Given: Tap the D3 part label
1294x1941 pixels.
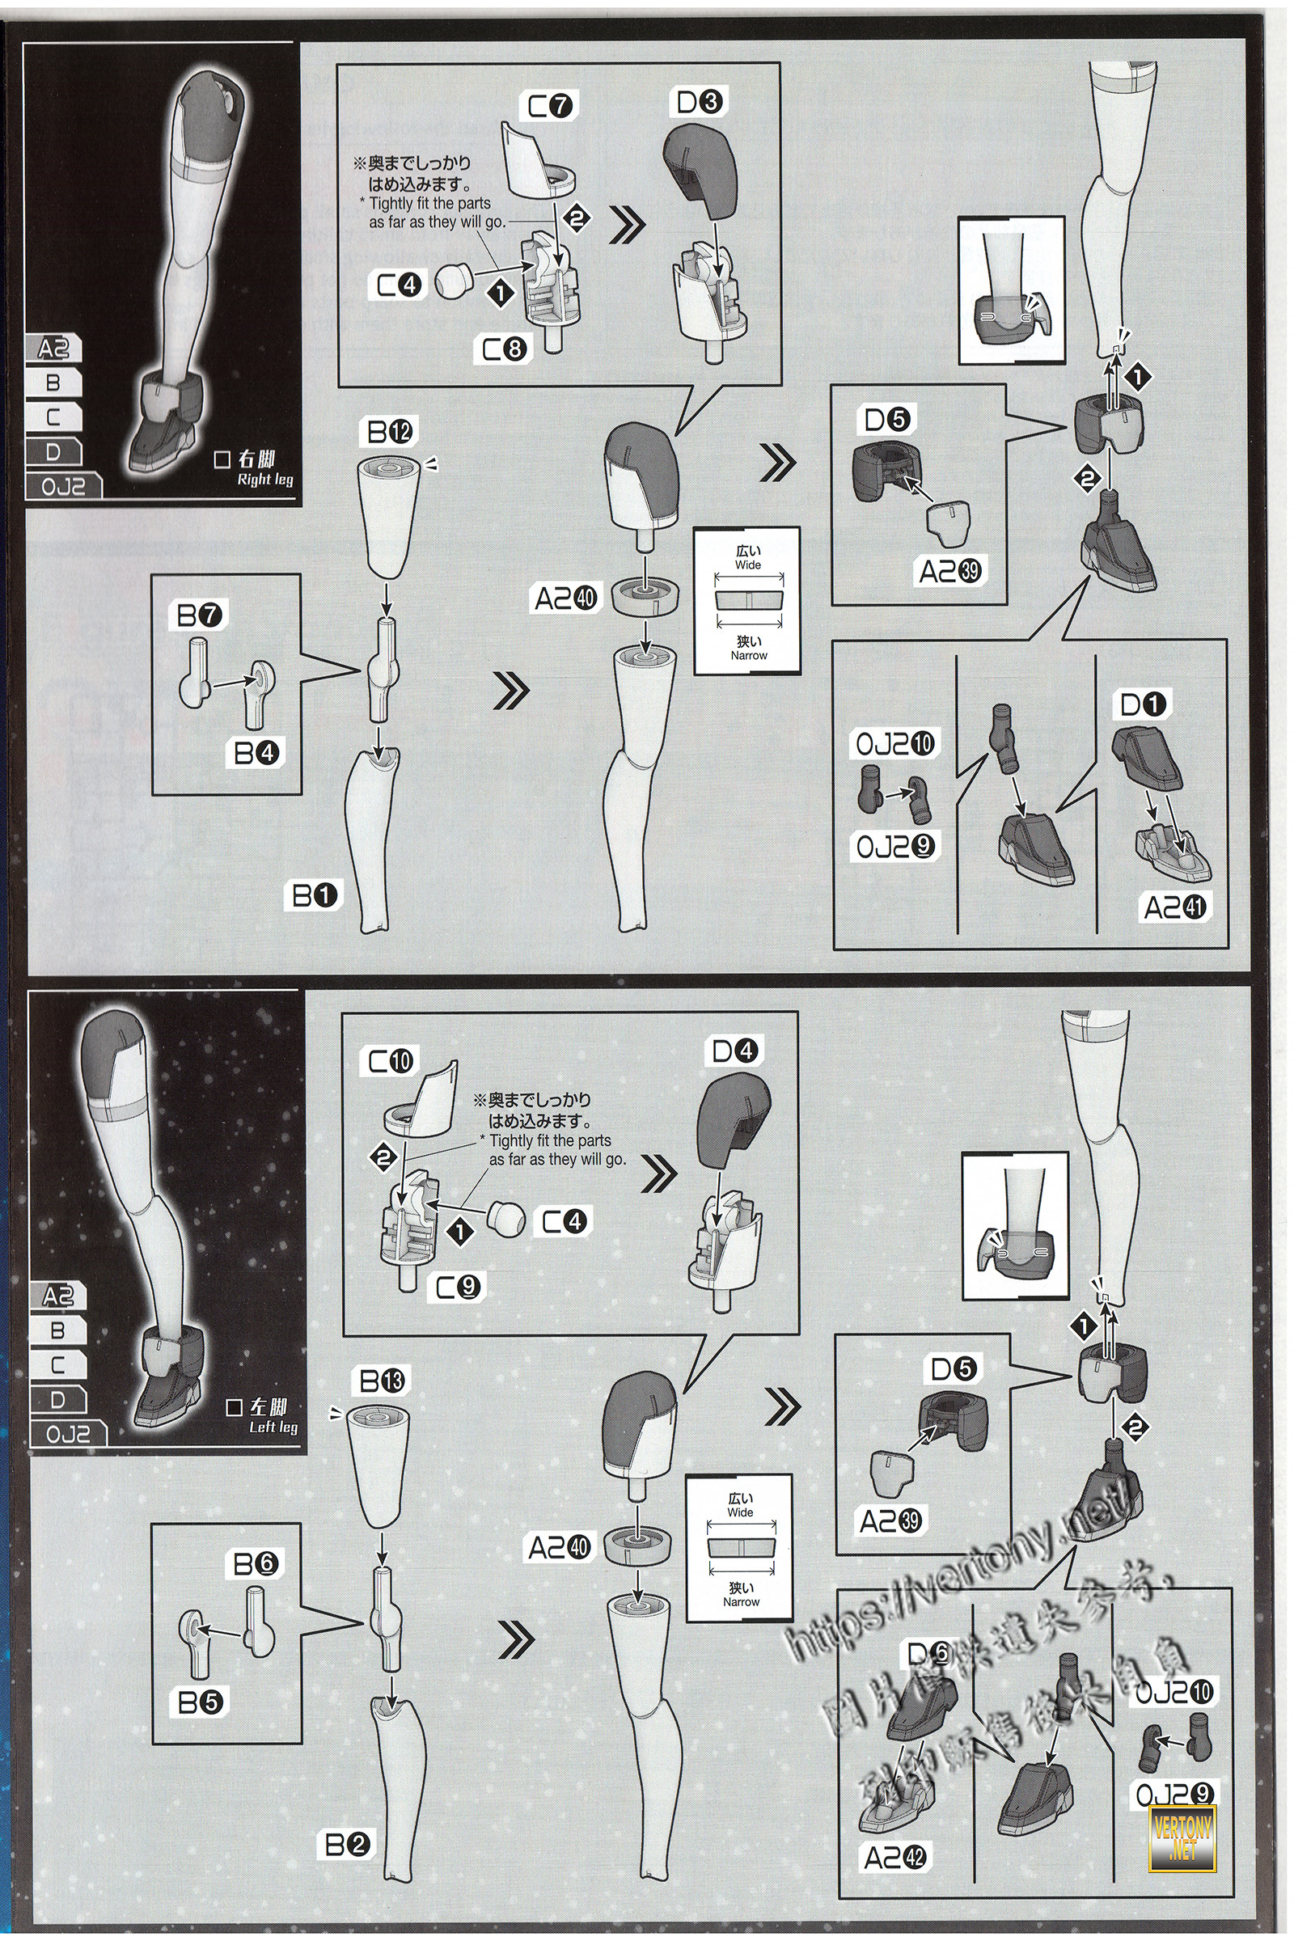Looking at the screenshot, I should [700, 104].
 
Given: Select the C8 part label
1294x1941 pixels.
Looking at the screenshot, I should [504, 350].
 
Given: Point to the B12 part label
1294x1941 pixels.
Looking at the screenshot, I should [392, 431].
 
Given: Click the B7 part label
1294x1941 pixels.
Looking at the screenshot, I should [201, 615].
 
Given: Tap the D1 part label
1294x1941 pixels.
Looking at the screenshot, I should [1143, 704].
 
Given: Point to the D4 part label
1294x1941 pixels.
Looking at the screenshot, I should [735, 1051].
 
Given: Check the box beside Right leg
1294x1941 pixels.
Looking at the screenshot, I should [221, 460].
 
